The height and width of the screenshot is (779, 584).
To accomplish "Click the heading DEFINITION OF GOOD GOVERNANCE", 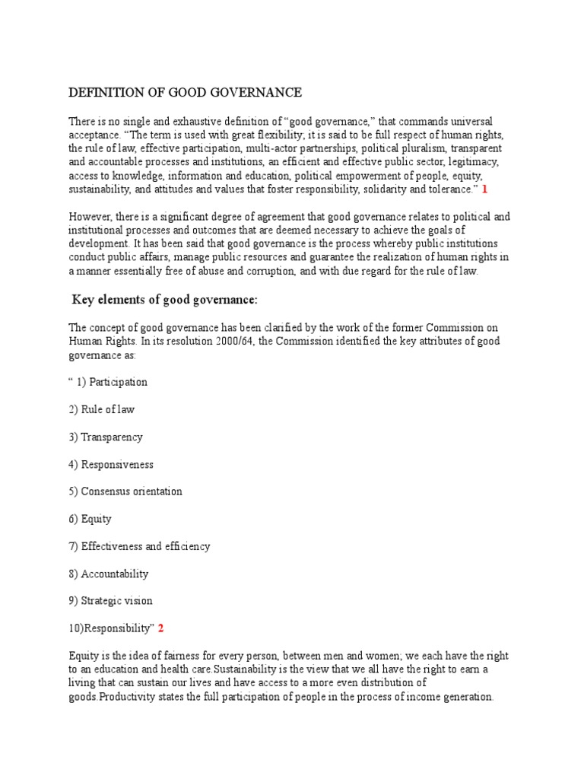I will [185, 93].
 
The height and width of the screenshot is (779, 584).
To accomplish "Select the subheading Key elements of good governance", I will [165, 299].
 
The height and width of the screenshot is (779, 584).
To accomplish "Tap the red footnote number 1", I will [484, 189].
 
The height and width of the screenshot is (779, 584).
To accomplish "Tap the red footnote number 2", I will [160, 628].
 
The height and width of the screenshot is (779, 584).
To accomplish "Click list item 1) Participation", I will [108, 382].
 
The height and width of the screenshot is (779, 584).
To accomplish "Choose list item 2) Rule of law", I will [102, 409].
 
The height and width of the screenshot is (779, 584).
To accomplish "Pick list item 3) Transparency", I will [106, 437].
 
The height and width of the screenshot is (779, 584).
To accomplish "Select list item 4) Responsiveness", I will [111, 464].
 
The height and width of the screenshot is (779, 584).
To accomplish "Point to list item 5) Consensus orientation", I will [125, 491].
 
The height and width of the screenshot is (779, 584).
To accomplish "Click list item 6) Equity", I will [90, 519].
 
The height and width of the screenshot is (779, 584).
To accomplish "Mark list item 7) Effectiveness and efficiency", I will [139, 546].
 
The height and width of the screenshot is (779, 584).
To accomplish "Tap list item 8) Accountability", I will [109, 574].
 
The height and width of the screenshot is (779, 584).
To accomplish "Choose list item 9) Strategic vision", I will [111, 601].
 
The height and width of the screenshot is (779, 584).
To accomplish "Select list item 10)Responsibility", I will [111, 628].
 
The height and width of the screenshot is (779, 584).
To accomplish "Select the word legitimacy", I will [476, 162].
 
